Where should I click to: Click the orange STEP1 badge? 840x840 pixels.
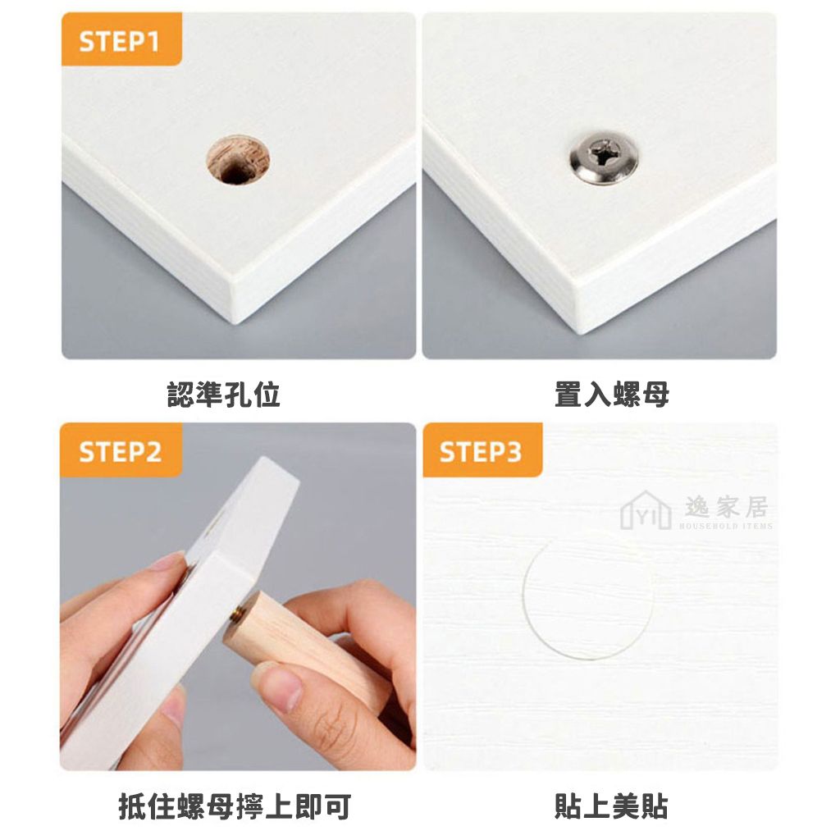[x=121, y=39]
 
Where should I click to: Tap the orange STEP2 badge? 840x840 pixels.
[x=121, y=450]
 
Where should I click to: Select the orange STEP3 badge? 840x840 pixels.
[x=482, y=450]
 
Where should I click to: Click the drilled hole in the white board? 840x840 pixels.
[x=238, y=160]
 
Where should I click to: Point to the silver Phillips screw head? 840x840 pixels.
[x=604, y=158]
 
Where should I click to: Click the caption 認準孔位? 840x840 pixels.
[x=223, y=395]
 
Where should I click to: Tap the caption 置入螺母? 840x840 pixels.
[x=612, y=395]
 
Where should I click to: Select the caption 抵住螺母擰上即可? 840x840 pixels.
[x=235, y=807]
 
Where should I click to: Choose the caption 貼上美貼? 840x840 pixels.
[x=612, y=807]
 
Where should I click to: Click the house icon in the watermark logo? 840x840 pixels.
[x=646, y=509]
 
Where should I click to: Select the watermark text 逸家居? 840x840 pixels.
[x=726, y=506]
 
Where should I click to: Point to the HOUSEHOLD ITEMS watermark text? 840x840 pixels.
[x=726, y=526]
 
